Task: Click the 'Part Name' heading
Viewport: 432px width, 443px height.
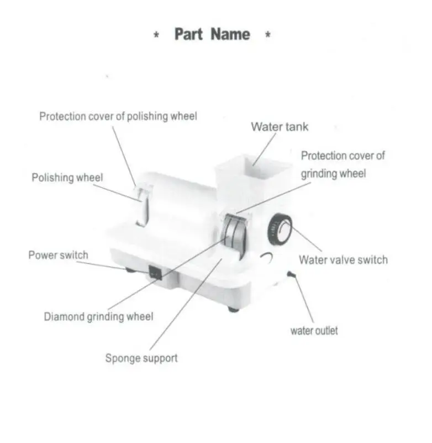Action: pos(212,34)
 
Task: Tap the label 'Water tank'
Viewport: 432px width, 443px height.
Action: pos(280,127)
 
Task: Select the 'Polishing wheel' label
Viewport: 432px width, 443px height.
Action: pos(67,178)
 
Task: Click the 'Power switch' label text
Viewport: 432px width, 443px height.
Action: pos(58,255)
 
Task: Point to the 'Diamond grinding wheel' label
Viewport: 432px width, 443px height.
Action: pos(98,317)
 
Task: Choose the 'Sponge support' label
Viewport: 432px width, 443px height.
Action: pos(141,358)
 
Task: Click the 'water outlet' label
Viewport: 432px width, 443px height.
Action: pos(314,331)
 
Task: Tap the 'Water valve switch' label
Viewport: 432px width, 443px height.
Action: pos(343,259)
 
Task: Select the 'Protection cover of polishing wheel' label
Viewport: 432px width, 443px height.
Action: pos(118,117)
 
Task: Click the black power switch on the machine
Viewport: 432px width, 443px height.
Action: pos(155,272)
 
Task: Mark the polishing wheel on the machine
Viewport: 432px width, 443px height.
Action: pos(143,207)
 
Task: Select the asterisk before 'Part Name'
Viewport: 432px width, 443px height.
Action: pos(157,36)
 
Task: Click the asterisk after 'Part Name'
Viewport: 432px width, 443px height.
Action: pos(267,36)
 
